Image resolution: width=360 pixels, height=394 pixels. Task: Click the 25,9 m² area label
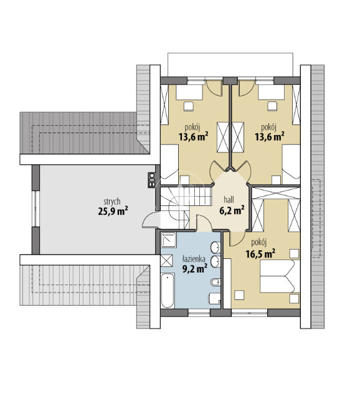click(x=113, y=211)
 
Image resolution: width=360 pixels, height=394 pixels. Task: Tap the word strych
click(x=112, y=202)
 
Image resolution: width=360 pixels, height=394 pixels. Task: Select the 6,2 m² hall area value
click(x=232, y=210)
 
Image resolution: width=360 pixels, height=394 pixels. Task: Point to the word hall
click(x=229, y=200)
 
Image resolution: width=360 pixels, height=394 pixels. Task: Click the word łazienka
click(x=194, y=258)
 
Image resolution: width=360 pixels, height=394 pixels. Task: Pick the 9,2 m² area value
click(x=195, y=268)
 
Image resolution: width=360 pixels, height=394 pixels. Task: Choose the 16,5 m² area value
click(x=260, y=253)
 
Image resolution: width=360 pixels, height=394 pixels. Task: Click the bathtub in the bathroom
click(x=168, y=291)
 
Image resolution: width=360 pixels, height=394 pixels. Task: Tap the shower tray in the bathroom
click(x=169, y=240)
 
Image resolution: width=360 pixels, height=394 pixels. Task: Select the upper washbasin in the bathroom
click(x=216, y=248)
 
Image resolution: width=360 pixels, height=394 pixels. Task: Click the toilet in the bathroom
click(x=214, y=298)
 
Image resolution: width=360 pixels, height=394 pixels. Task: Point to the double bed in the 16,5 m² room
click(x=280, y=276)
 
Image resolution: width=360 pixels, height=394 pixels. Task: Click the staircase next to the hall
click(x=182, y=207)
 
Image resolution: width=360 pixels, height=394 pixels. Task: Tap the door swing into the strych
click(x=151, y=219)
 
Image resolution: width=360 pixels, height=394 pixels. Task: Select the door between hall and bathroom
click(x=204, y=222)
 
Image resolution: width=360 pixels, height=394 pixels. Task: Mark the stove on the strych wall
click(x=152, y=180)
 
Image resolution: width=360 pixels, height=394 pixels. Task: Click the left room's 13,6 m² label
click(x=193, y=137)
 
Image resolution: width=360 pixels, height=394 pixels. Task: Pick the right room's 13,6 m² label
click(x=270, y=137)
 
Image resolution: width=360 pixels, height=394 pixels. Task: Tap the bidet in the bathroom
click(x=216, y=283)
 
